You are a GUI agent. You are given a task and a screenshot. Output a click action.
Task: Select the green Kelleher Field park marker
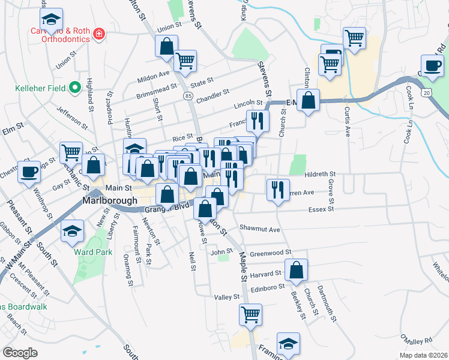coord(75,89)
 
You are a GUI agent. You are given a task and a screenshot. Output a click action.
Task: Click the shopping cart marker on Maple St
coord(250,314)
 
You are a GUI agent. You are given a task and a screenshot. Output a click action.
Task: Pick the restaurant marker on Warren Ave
coord(278,190)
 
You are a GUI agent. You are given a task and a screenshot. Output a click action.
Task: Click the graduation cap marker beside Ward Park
coord(71,231)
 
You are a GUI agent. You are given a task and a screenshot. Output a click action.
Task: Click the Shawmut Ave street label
coord(260,229)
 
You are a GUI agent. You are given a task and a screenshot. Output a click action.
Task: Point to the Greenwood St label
coord(270,253)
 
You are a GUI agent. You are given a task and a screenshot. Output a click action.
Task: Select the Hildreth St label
coord(320,173)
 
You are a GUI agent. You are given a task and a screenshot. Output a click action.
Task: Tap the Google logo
coord(20,353)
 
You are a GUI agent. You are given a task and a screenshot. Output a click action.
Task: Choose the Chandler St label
coord(213,94)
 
